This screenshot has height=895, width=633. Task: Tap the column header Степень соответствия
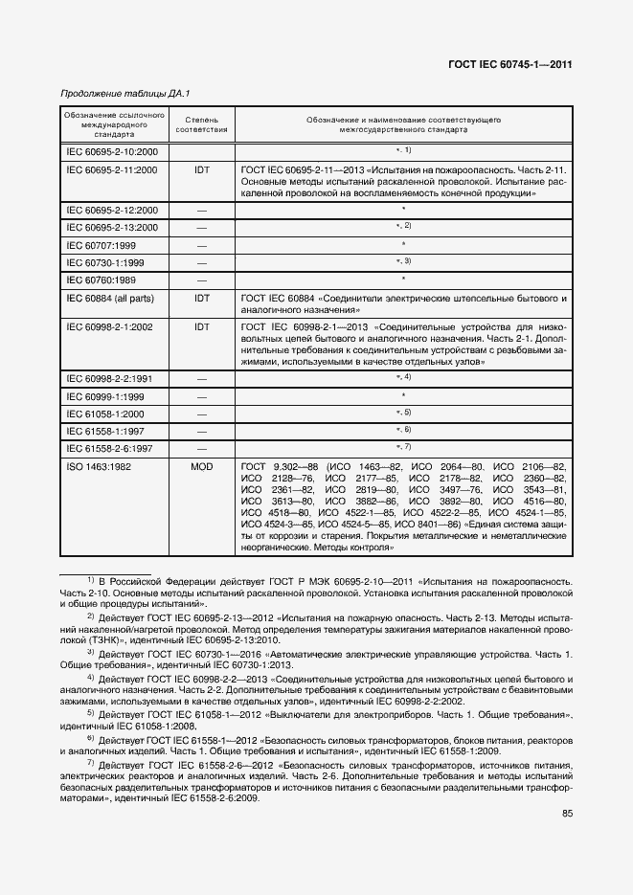pos(202,124)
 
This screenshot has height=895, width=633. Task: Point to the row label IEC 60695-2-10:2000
pos(112,151)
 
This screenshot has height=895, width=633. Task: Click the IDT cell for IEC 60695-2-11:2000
pos(202,169)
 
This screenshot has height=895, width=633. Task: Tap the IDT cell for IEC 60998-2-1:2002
pos(202,326)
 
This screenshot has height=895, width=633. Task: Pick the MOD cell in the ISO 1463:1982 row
pos(202,465)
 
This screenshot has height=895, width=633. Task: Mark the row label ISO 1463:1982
pos(100,465)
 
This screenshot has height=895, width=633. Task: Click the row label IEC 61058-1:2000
pos(106,414)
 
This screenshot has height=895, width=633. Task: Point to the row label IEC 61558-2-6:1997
pos(109,448)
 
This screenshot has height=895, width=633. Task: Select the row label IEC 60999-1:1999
pos(106,396)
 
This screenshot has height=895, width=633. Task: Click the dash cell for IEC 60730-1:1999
pos(202,262)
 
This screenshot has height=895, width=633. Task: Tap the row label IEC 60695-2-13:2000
pos(112,228)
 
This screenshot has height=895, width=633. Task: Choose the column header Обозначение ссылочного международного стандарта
pos(113,124)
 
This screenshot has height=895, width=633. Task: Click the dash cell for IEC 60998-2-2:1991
pos(202,379)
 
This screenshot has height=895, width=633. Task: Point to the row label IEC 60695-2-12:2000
pos(112,210)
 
